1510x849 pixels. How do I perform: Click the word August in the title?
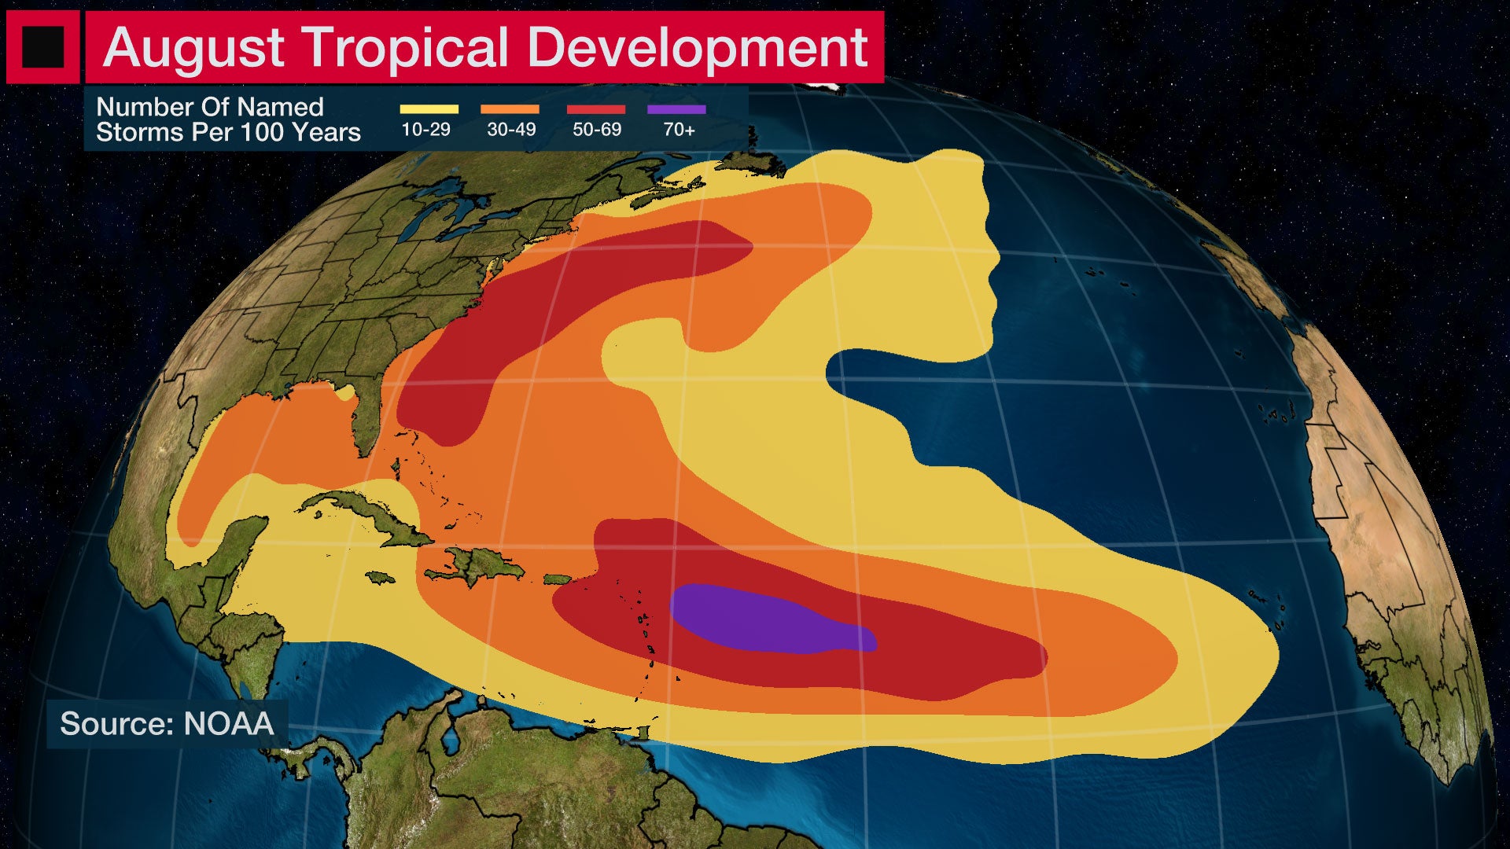[193, 48]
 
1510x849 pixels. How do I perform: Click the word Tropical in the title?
[406, 48]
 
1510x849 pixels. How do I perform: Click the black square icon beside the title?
[42, 46]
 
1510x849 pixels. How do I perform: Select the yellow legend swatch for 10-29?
[429, 109]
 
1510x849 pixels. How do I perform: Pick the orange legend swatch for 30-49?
[510, 109]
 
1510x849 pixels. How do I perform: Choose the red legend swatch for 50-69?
[596, 109]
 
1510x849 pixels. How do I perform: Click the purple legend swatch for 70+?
[676, 109]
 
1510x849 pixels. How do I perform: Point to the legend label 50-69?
[596, 130]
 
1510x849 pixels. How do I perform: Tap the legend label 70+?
[679, 130]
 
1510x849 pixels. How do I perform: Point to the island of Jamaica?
[381, 578]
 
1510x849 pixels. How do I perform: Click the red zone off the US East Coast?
[551, 307]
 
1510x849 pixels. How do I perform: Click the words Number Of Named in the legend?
[209, 107]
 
